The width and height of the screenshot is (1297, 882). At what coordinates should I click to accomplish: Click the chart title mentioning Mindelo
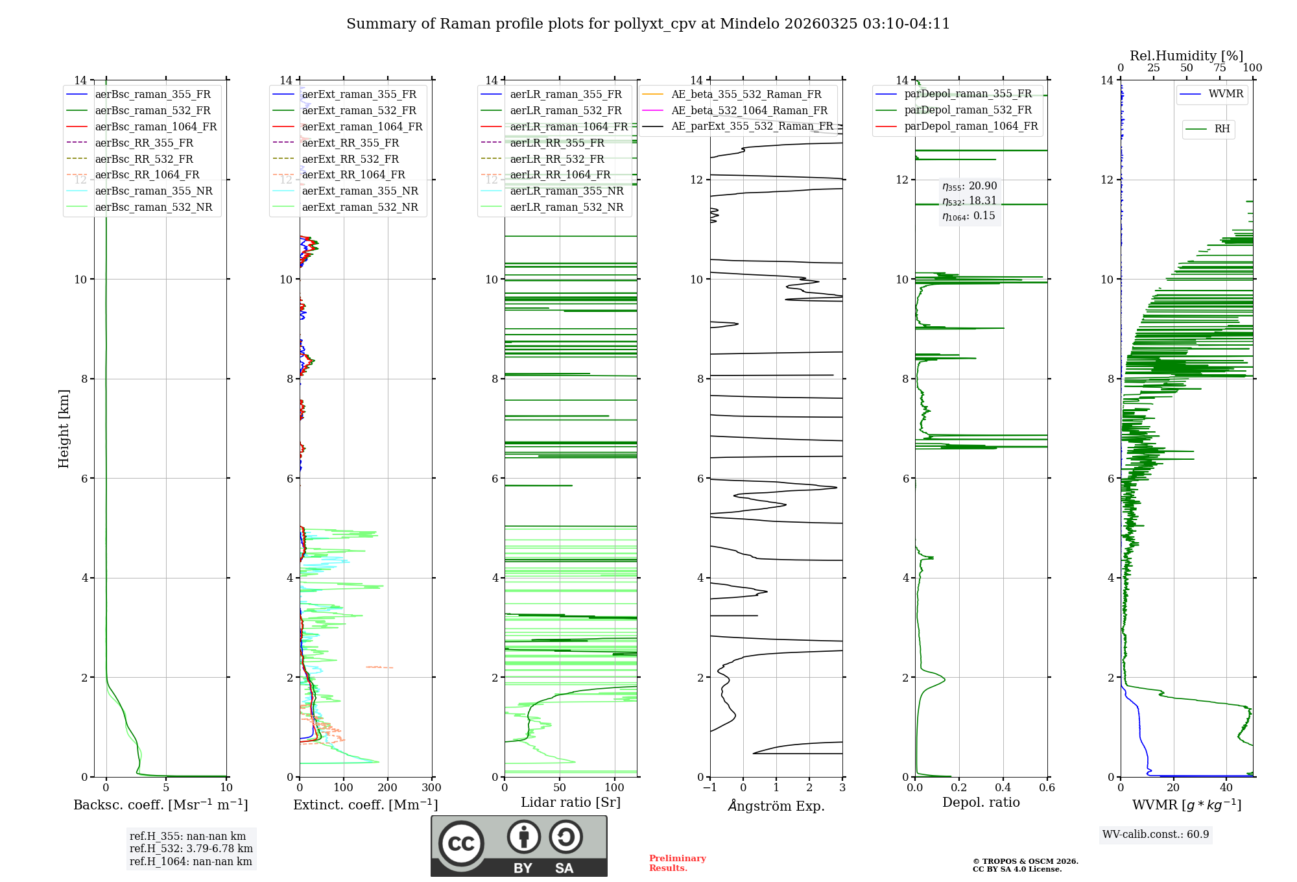click(x=648, y=24)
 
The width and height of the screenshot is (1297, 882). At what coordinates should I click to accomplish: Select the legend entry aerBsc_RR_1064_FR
click(x=147, y=175)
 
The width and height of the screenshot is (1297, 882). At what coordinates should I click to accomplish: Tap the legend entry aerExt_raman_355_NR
click(x=360, y=191)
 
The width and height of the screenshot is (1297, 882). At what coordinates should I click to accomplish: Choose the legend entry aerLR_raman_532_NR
click(x=566, y=208)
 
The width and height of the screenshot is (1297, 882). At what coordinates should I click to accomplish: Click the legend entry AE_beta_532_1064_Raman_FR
click(x=749, y=111)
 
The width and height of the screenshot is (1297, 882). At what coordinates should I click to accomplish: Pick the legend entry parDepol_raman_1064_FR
click(x=971, y=126)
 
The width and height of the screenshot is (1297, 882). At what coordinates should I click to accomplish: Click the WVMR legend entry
click(x=1226, y=94)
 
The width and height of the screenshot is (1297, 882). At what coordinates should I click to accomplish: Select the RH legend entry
click(x=1222, y=129)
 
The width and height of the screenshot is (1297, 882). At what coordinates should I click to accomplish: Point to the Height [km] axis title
click(x=64, y=429)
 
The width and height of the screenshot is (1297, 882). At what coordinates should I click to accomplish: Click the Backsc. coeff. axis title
click(x=160, y=805)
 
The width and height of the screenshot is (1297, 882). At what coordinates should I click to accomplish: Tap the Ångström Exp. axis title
click(x=776, y=806)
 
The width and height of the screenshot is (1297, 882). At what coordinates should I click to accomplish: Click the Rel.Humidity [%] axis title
click(x=1186, y=56)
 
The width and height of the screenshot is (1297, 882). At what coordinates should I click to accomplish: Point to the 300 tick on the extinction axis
click(x=431, y=788)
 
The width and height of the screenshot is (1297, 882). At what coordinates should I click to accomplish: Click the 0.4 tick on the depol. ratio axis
click(x=1003, y=788)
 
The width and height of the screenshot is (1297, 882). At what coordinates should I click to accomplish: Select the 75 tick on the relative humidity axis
click(x=1220, y=68)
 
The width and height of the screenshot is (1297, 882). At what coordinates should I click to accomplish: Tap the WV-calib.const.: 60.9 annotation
click(x=1156, y=835)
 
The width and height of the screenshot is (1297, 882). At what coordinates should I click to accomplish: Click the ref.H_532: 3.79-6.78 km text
click(x=191, y=849)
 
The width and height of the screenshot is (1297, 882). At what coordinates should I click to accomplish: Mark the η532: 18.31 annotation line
click(x=970, y=201)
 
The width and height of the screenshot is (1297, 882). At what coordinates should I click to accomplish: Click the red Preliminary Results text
click(x=677, y=863)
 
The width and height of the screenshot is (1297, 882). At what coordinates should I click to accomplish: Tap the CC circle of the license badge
click(x=461, y=844)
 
